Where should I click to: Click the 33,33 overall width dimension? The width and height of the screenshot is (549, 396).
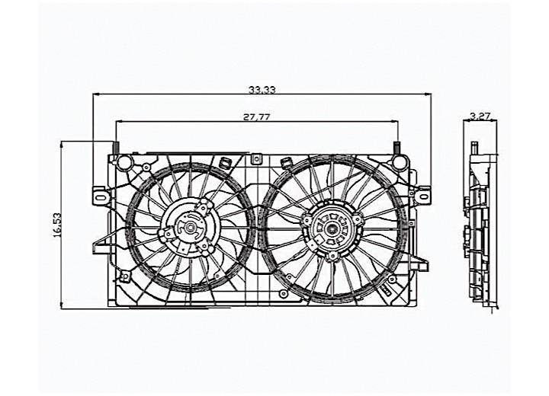point(262,90)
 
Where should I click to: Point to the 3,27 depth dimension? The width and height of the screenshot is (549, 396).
point(480,117)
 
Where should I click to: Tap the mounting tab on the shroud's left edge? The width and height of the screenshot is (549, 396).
point(98,194)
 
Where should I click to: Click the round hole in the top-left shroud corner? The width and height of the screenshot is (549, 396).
point(122,161)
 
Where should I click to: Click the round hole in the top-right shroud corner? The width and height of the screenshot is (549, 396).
point(400,161)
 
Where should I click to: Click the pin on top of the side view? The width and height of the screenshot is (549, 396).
point(474,145)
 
